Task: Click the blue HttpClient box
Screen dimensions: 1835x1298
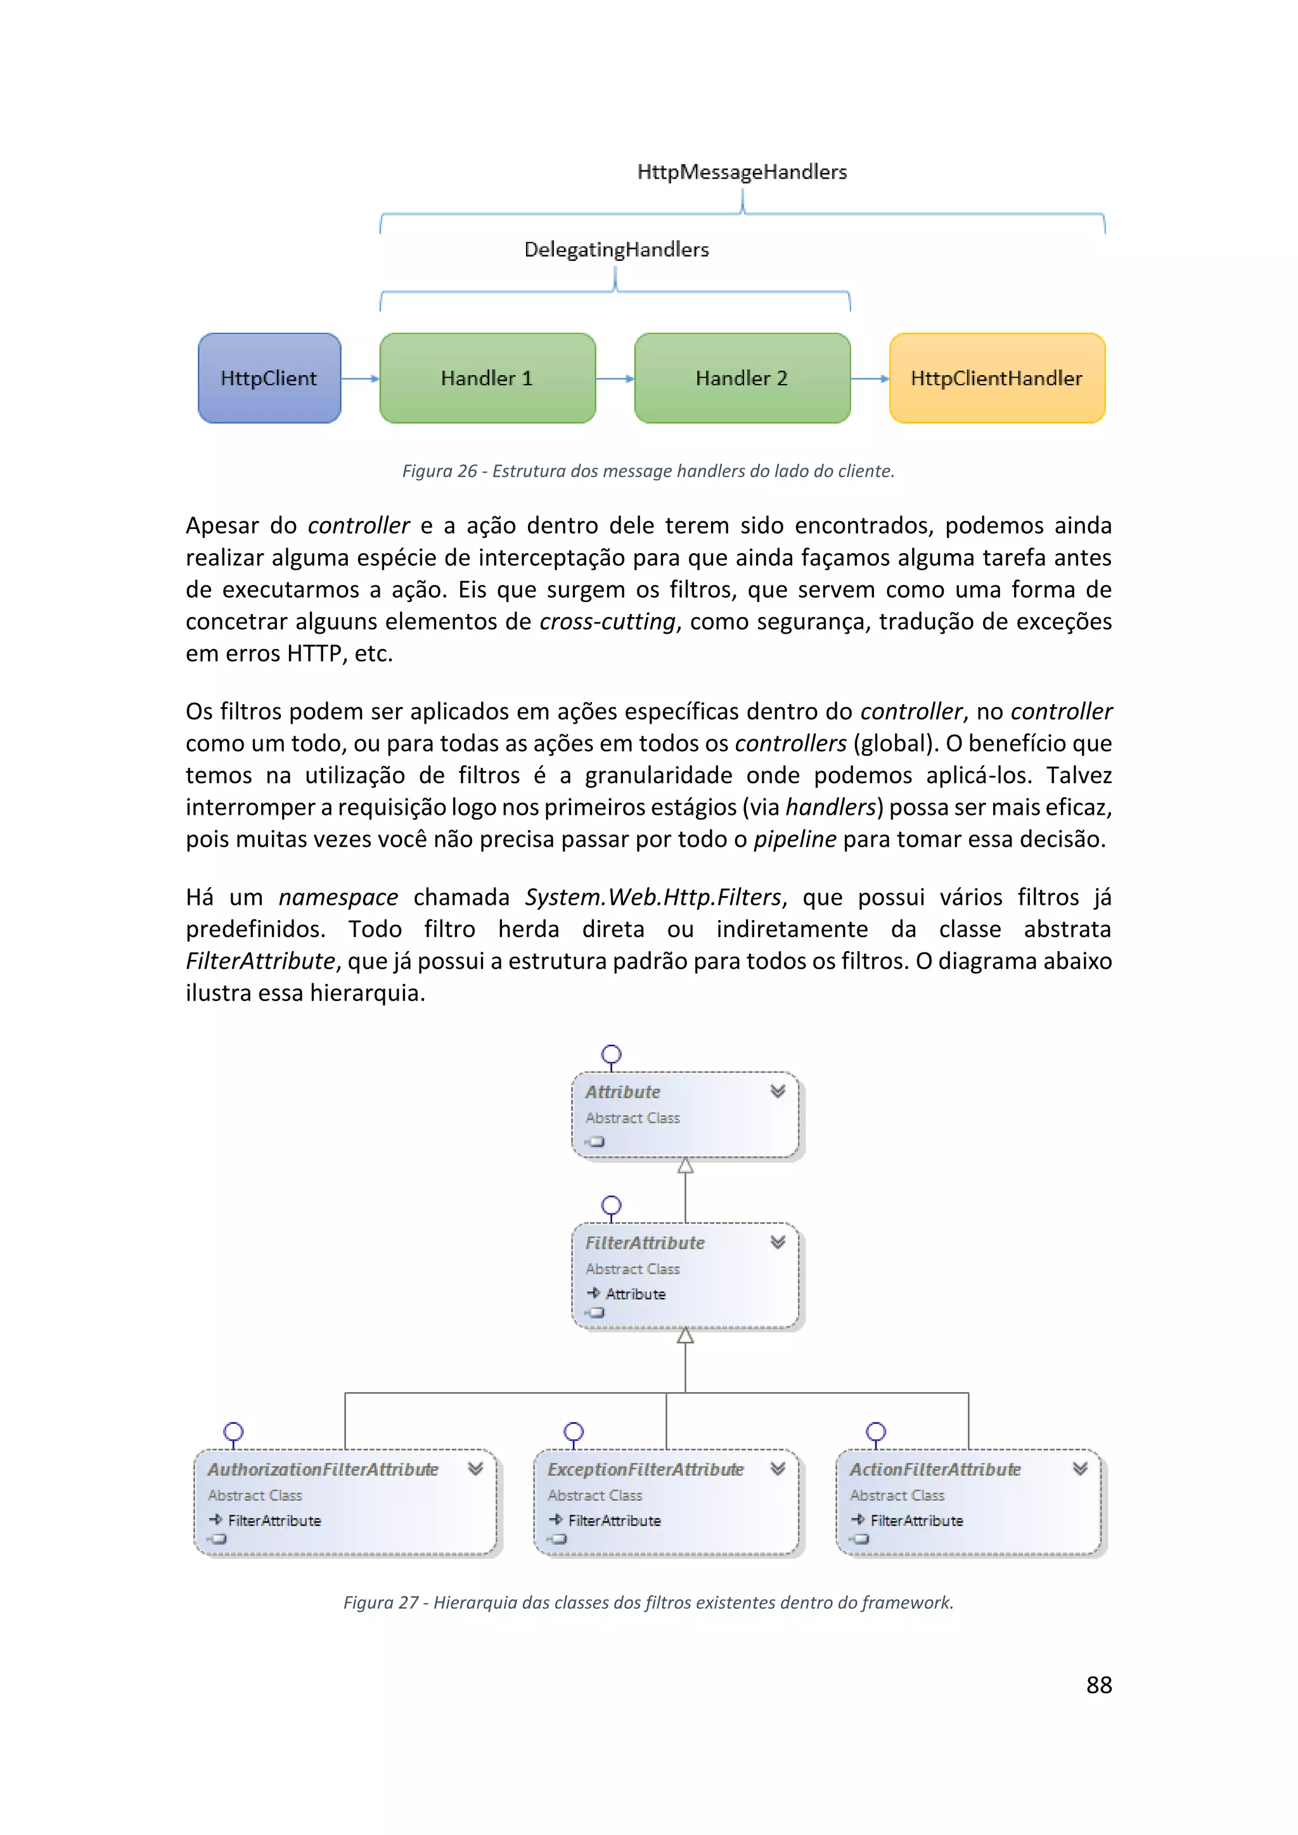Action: point(269,378)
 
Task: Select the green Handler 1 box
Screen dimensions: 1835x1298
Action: point(487,378)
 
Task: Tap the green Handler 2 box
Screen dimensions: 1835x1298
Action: point(742,378)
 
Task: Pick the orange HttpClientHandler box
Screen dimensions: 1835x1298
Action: point(997,378)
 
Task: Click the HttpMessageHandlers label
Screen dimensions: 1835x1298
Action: point(742,172)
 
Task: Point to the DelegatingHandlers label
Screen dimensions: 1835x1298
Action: point(616,250)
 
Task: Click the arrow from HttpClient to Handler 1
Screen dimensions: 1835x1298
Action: point(361,379)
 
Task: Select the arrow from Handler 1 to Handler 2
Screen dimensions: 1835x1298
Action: point(615,379)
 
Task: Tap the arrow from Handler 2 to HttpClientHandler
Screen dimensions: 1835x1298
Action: point(870,379)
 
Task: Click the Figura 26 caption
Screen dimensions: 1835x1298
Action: point(648,471)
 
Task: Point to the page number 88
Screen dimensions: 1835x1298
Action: point(1099,1685)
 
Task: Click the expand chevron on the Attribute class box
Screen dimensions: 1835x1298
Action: point(778,1091)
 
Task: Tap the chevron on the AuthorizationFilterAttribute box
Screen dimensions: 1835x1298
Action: point(475,1468)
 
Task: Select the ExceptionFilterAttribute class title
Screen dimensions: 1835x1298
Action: point(645,1469)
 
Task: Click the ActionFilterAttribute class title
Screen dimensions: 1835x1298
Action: point(934,1469)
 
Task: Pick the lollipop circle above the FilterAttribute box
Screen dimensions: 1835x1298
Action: point(612,1205)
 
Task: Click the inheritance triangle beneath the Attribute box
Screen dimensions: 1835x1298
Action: point(685,1166)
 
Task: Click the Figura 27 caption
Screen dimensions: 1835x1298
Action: point(648,1602)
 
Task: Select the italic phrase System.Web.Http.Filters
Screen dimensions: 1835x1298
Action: point(652,897)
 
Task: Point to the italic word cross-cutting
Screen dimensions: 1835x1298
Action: point(607,621)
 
